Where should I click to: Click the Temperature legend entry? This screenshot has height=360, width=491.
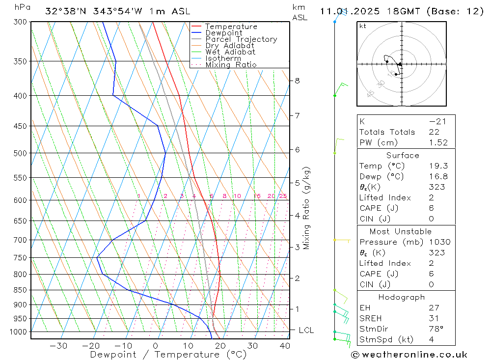(x=231, y=27)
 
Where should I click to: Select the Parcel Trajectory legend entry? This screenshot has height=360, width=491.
(x=241, y=39)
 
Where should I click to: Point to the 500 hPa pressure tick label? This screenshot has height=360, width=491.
(x=20, y=153)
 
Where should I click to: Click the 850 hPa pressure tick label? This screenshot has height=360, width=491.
(x=20, y=290)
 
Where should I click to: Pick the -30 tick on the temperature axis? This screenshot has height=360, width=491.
(x=58, y=346)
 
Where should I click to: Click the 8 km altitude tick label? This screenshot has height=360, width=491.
(x=298, y=81)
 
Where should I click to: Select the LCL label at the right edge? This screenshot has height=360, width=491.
(x=306, y=331)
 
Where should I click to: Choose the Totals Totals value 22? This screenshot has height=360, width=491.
(x=434, y=132)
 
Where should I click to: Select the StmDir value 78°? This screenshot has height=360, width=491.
(x=436, y=329)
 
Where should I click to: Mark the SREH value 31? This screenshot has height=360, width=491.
(x=434, y=318)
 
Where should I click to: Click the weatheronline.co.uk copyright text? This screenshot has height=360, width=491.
(x=409, y=355)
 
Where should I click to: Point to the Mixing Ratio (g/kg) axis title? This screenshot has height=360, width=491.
(x=306, y=208)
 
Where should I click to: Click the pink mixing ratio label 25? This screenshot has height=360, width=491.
(x=283, y=196)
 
